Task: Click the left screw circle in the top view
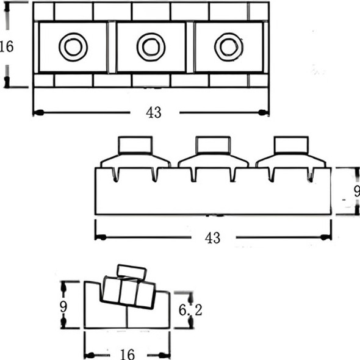pos(73,46)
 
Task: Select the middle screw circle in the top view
pos(151,46)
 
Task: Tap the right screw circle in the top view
pos(229,46)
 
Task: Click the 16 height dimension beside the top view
pos(6,47)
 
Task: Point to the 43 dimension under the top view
pos(154,113)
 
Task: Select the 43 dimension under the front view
pos(212,238)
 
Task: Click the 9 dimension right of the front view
pos(356,191)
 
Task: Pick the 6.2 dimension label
pos(190,311)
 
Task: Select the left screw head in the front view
pos(135,145)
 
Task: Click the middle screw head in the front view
pos(213,145)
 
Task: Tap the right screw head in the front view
pos(291,145)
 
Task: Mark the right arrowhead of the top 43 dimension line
pos(264,112)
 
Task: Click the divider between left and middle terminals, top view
pos(112,47)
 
